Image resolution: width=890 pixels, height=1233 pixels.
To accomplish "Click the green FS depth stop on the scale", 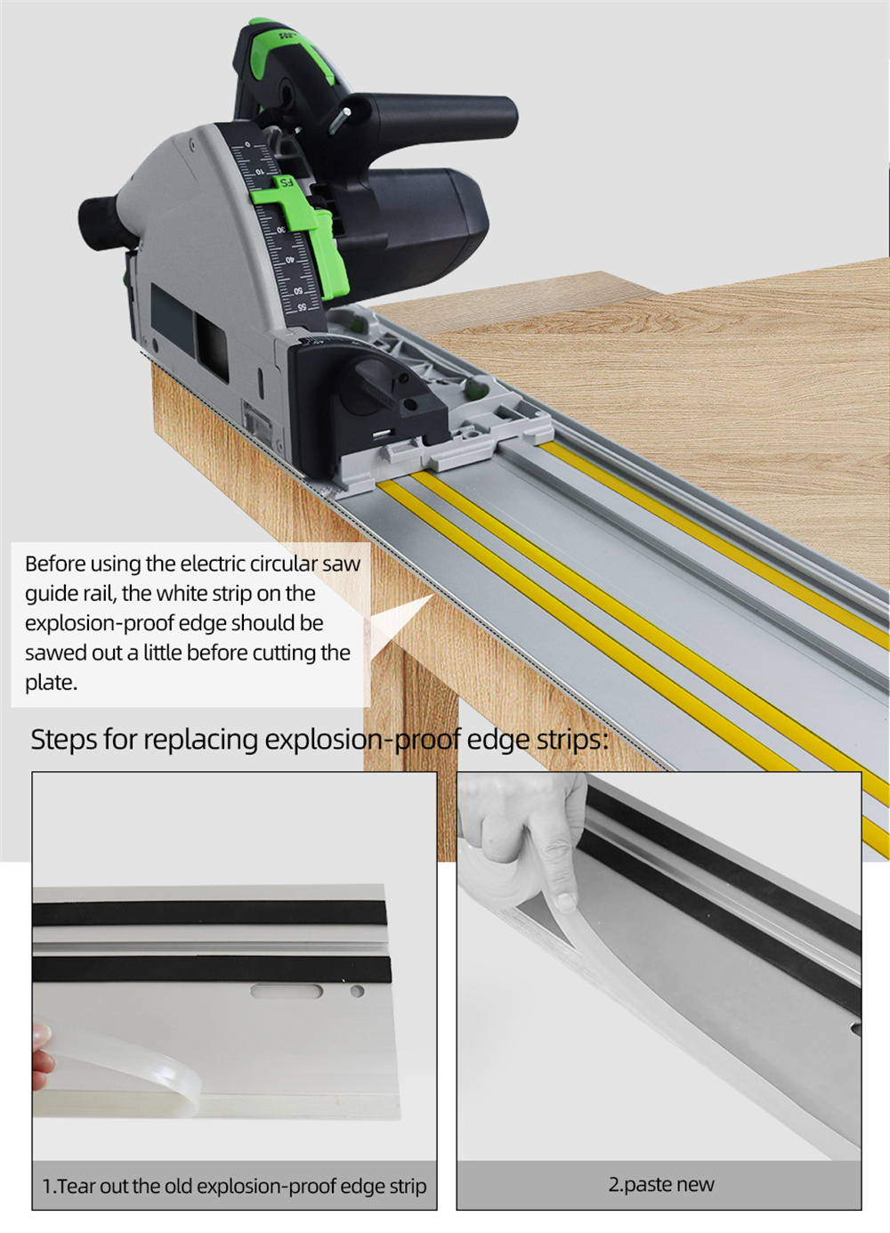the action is tap(300, 231).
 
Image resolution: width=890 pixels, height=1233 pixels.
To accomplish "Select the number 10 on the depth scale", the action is tap(259, 172).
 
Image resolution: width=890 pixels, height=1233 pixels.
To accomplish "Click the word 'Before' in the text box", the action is tap(54, 564).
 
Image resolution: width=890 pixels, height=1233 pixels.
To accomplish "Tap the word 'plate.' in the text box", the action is tap(52, 683).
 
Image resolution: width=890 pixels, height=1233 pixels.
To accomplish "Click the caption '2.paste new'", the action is tap(661, 1184).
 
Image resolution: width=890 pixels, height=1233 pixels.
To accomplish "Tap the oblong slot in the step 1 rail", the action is tap(287, 992).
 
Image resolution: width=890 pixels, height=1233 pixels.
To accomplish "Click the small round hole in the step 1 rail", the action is tap(357, 992).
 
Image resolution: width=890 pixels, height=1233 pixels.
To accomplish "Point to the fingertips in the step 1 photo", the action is tap(43, 1057).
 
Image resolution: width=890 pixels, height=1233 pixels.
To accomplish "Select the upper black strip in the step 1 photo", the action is tap(209, 913).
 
